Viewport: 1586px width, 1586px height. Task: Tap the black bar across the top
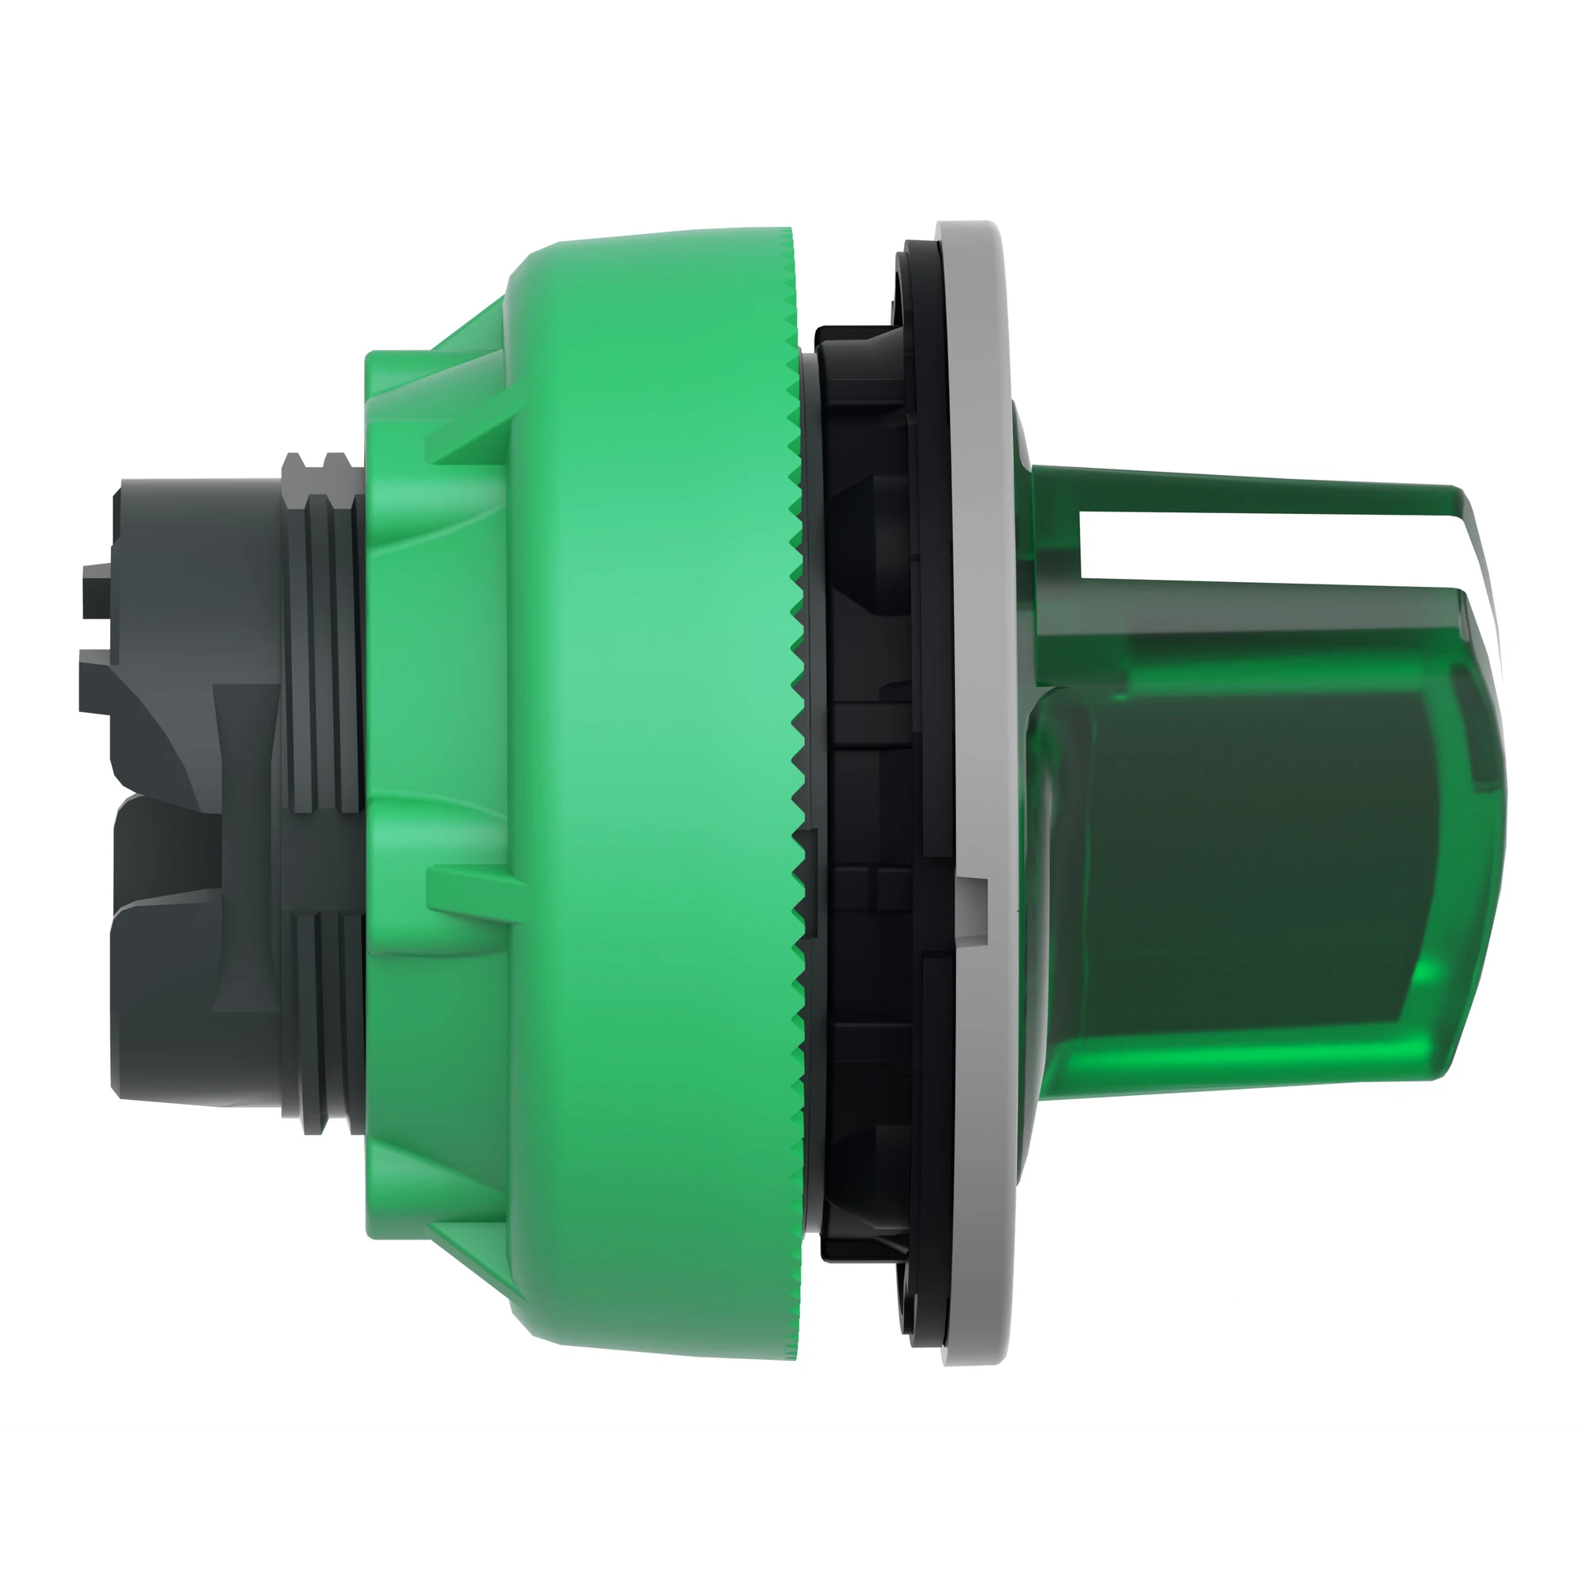click(x=793, y=75)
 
